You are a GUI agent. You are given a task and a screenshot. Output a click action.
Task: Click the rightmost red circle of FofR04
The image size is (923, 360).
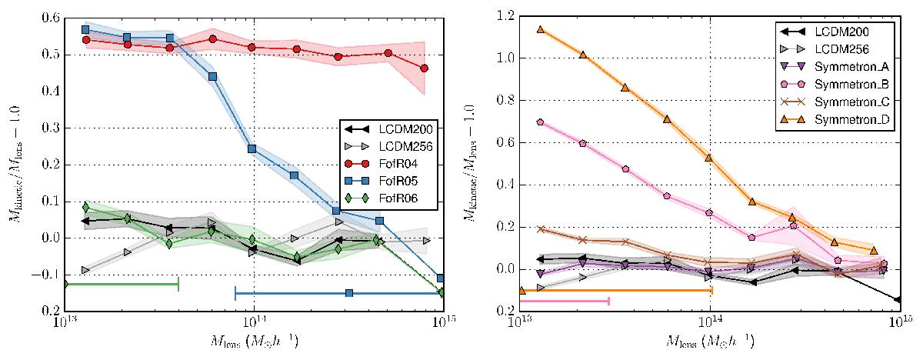click(x=425, y=68)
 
